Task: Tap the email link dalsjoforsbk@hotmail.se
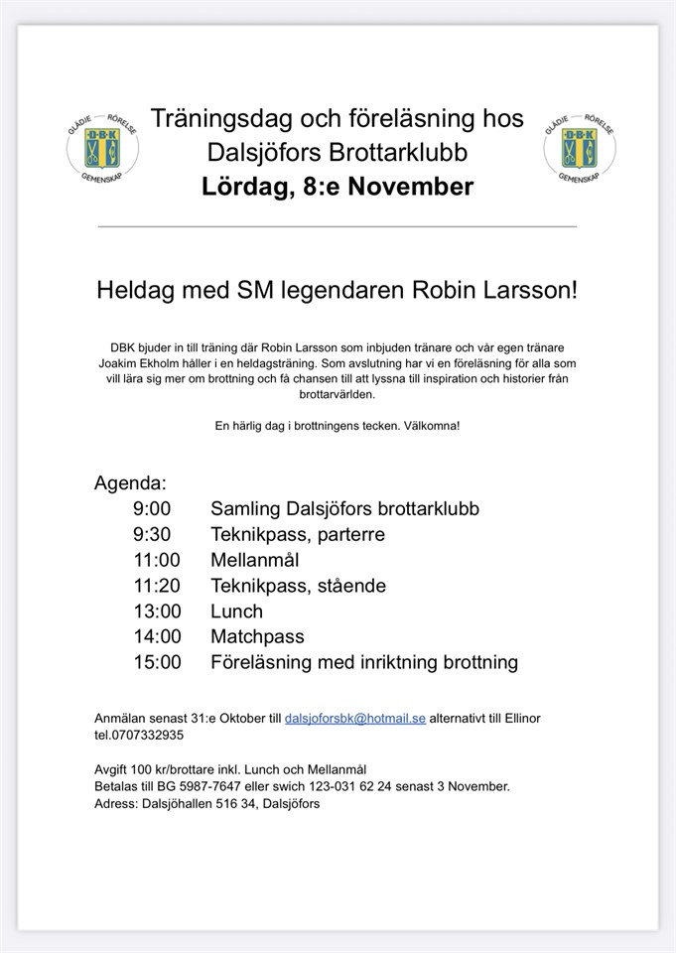coord(355,718)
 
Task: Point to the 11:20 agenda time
coord(157,586)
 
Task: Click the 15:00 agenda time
coord(157,662)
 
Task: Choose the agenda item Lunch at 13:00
coord(236,612)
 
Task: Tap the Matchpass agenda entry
coord(257,636)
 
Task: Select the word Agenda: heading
coord(131,483)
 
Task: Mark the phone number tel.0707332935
coord(139,736)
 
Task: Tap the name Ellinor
coord(518,718)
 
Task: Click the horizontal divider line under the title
coord(338,227)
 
